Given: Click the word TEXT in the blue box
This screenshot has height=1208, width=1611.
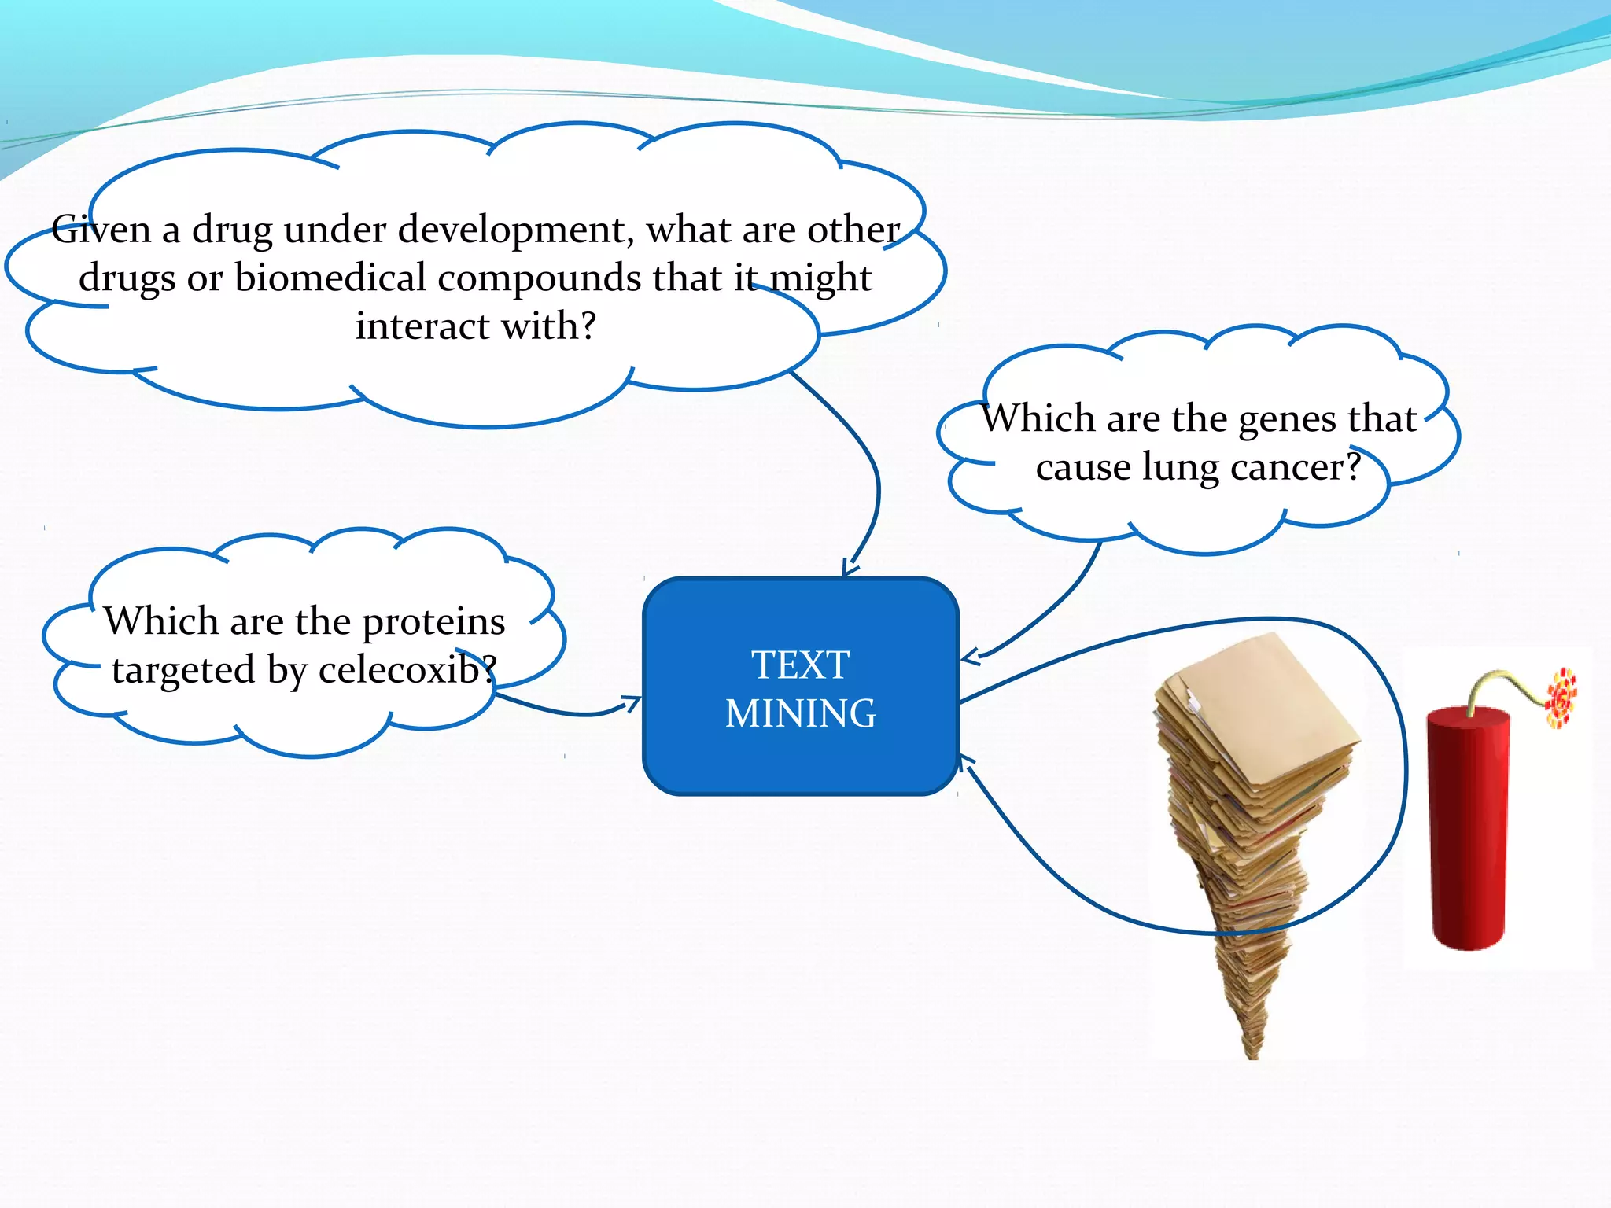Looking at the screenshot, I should tap(800, 665).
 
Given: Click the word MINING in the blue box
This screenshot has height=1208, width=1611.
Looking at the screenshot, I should tap(800, 713).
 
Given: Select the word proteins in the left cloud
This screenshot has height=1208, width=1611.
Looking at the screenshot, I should tap(433, 621).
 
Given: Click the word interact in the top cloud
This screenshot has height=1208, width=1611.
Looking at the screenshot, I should tap(422, 326).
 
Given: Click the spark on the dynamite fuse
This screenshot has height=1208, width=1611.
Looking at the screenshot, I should tap(1561, 697).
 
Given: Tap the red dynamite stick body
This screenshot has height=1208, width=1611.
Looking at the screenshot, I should tap(1468, 826).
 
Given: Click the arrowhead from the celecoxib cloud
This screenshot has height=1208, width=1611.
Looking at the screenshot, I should tap(632, 701).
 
